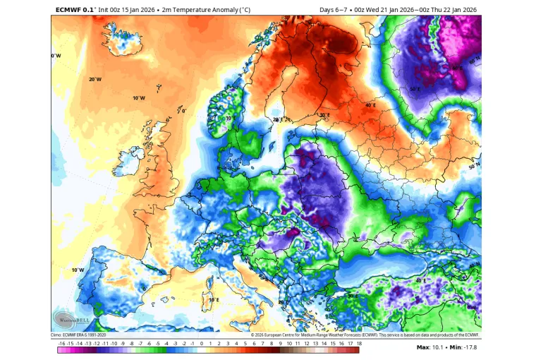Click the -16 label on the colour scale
62,342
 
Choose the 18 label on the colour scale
359,342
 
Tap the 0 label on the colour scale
202,342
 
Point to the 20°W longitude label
94,79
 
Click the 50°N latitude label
473,167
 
